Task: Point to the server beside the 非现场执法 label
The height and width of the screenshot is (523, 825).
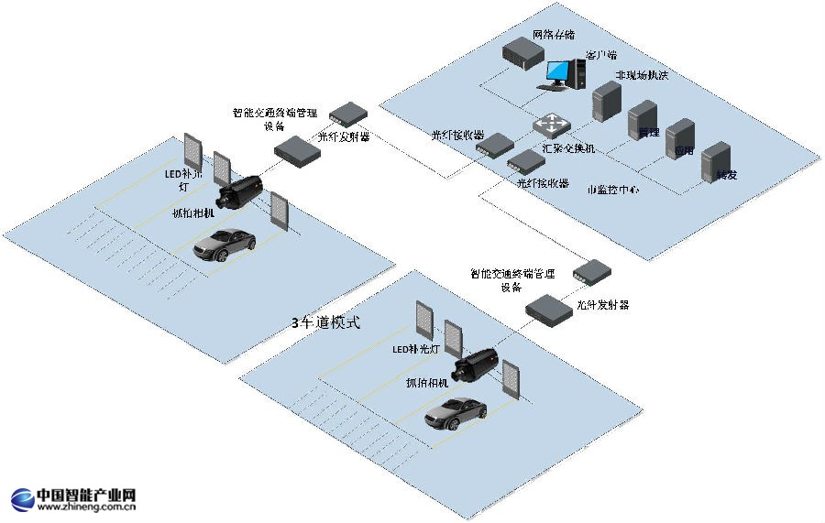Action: pos(605,101)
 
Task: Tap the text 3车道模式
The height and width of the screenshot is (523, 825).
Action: pos(326,322)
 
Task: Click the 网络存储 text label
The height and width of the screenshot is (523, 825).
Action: pos(554,35)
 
